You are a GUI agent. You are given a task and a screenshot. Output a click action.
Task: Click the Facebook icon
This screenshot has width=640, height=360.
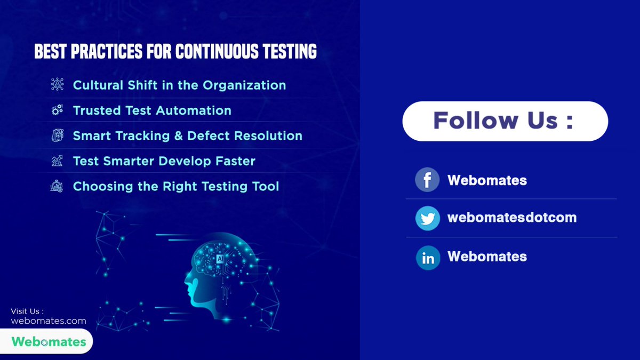427,180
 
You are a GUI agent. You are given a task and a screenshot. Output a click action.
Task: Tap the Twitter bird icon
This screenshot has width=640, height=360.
427,218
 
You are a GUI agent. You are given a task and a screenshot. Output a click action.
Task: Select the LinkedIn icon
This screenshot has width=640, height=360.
428,258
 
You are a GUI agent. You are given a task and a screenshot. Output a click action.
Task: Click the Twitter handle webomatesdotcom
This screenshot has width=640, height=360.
512,218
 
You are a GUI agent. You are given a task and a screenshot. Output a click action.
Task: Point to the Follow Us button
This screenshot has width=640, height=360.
505,121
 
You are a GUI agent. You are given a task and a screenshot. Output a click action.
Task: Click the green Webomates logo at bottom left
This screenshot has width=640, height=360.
49,341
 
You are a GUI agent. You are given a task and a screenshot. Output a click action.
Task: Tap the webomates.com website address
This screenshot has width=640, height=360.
48,321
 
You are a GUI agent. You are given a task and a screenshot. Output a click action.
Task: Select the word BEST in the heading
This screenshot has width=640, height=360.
51,52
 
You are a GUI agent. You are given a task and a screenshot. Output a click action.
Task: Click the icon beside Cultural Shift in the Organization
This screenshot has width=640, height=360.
57,84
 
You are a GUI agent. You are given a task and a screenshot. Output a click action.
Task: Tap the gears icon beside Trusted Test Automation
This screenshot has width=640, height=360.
57,110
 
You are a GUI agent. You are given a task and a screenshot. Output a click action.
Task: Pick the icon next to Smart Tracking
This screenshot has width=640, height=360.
57,136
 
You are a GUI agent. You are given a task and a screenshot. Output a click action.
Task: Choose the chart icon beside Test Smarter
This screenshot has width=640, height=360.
57,161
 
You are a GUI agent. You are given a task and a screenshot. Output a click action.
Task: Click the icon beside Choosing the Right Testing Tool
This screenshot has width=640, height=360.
57,186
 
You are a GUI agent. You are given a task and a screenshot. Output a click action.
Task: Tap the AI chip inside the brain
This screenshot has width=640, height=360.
220,258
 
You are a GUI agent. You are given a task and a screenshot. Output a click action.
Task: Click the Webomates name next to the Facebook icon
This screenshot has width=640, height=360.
487,180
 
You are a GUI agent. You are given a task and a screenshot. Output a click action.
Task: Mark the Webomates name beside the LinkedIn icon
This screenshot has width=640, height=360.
487,257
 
